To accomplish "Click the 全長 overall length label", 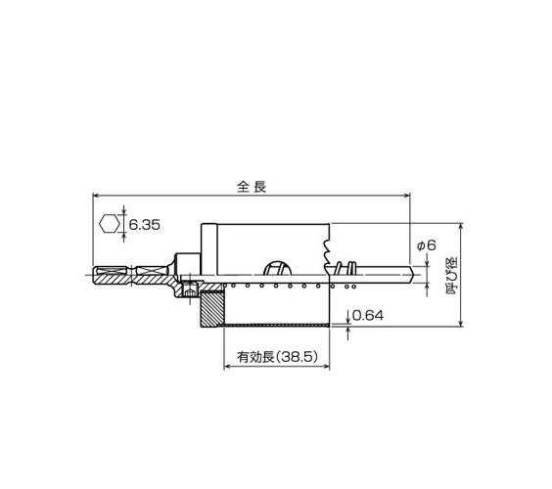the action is click(x=252, y=187).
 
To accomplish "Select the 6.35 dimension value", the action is click(x=144, y=224).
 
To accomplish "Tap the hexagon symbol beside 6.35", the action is click(x=110, y=224).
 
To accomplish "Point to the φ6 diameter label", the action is click(x=427, y=244).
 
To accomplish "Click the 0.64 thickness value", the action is click(x=368, y=316).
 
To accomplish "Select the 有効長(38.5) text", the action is click(x=277, y=357).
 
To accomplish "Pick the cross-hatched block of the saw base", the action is click(x=212, y=309).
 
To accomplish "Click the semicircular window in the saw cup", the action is click(x=278, y=268).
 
